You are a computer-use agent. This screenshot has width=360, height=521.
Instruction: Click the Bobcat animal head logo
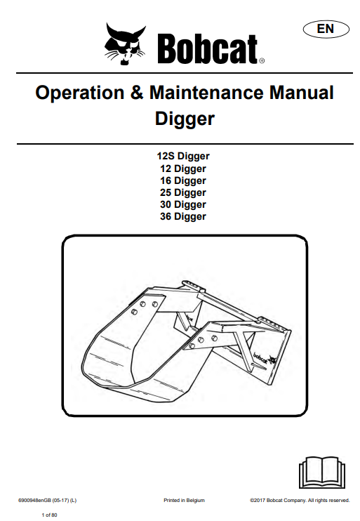(125, 44)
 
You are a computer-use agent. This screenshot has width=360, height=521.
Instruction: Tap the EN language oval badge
(326, 29)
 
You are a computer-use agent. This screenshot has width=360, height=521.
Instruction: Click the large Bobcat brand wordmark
(208, 48)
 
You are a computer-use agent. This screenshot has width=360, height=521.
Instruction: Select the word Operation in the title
(80, 93)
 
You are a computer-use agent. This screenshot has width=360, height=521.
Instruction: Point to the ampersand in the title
(137, 92)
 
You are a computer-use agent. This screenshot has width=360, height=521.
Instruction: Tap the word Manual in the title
(301, 92)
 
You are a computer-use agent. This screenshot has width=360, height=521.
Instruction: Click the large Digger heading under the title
(185, 119)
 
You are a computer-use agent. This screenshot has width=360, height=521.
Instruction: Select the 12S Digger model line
(183, 156)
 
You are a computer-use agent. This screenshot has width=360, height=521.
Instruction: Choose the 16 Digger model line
(183, 180)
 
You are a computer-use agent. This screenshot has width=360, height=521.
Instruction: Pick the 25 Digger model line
(183, 192)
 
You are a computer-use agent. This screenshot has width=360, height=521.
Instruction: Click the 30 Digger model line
(183, 205)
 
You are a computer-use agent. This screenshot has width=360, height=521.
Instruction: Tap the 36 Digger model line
(183, 217)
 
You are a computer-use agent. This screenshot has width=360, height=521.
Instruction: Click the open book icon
(322, 472)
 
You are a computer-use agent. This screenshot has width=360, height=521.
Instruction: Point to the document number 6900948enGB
(34, 501)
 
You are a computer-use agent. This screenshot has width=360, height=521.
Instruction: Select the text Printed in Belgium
(184, 501)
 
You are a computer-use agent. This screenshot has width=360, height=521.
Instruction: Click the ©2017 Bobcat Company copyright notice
(300, 501)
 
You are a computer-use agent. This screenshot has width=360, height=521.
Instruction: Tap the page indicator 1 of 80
(50, 515)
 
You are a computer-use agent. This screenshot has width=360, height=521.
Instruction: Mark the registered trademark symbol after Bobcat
(262, 61)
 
